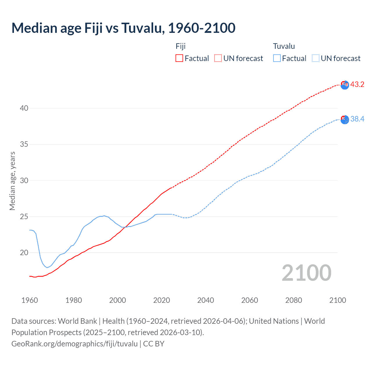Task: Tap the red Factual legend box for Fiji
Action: tap(179, 58)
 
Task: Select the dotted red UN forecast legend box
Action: tap(218, 58)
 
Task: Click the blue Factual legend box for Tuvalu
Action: tap(277, 58)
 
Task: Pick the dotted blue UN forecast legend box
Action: tap(316, 58)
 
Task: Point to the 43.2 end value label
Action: tap(357, 85)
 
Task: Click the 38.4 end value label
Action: tap(357, 119)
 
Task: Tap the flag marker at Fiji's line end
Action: tap(345, 85)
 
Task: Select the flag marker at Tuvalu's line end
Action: tap(345, 119)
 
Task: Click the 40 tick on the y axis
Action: tap(24, 108)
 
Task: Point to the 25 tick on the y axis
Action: tap(24, 217)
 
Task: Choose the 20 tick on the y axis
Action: tap(24, 253)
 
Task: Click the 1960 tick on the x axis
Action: tap(30, 300)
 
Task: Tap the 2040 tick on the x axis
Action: tap(206, 300)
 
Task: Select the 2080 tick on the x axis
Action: tap(294, 300)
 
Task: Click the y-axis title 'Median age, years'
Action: tap(12, 181)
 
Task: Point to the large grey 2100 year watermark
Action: tap(306, 273)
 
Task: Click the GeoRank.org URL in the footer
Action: tap(74, 344)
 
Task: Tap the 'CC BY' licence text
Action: tap(154, 344)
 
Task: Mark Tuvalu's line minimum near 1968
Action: tap(47, 267)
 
